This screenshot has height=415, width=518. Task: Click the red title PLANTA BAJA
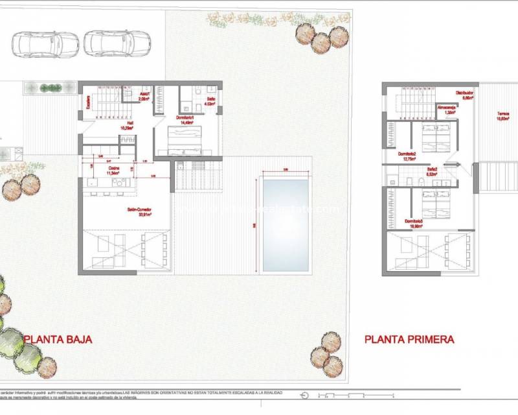tap(58, 339)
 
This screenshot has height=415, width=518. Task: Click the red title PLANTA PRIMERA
tap(409, 339)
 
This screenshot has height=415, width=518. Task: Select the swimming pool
tap(285, 225)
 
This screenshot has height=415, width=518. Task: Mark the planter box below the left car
tap(49, 88)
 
